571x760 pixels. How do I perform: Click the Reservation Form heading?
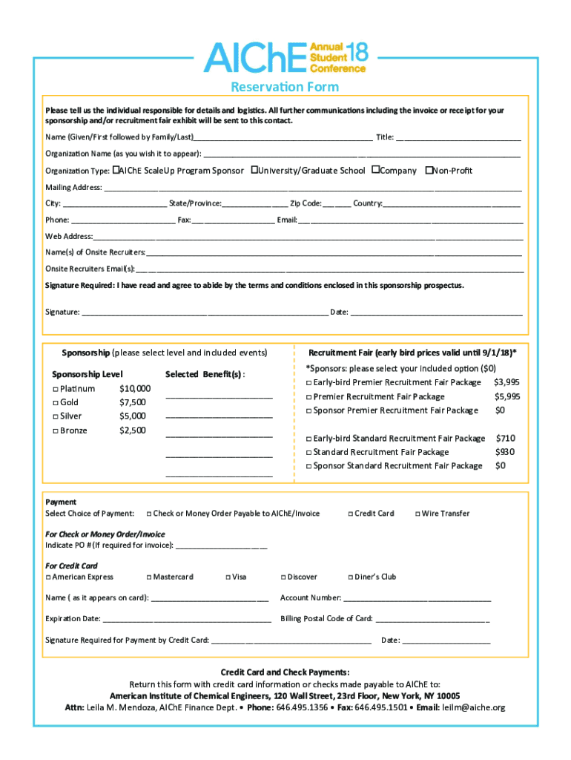285,87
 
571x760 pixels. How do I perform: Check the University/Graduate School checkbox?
254,170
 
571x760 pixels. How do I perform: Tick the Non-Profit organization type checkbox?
429,170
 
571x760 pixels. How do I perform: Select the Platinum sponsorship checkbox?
55,389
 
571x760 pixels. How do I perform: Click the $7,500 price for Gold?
132,402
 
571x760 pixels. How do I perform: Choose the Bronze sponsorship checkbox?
55,431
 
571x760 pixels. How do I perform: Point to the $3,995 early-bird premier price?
506,382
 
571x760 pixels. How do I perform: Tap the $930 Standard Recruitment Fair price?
505,452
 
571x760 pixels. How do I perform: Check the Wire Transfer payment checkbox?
417,514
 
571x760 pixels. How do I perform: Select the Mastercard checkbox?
149,577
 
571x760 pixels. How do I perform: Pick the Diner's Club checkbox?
349,577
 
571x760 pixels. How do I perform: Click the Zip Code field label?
306,203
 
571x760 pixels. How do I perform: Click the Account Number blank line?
417,599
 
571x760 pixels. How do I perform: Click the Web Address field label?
69,236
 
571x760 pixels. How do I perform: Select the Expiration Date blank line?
187,620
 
